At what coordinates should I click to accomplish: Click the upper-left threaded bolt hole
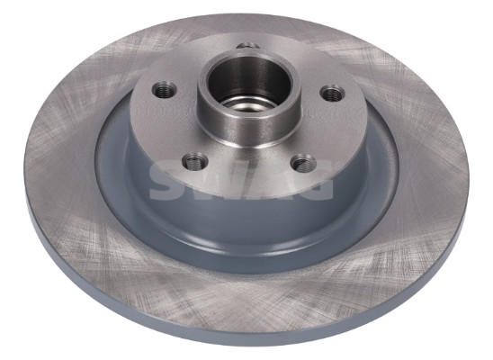click(164, 90)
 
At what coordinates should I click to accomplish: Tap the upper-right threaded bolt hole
click(332, 93)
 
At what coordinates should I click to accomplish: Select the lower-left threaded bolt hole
click(196, 162)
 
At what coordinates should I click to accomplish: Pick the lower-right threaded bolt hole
click(303, 163)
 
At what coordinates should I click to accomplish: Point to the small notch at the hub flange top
click(247, 46)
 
